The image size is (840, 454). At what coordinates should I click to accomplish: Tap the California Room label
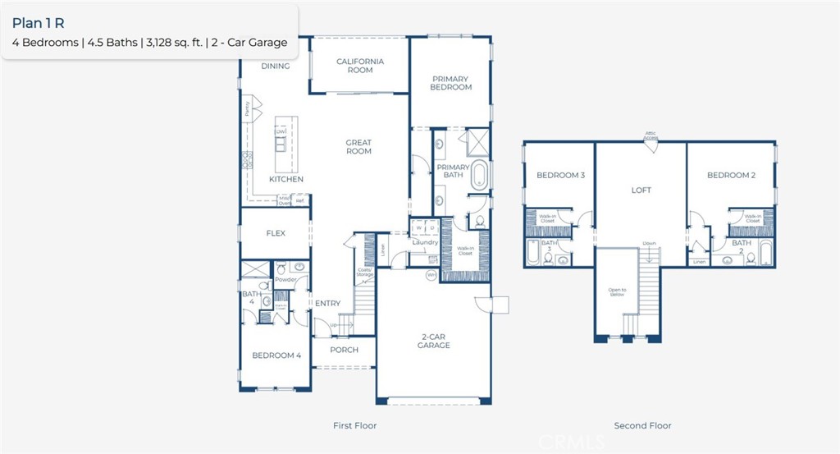[x=359, y=66]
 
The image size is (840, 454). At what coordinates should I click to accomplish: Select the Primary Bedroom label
[x=451, y=83]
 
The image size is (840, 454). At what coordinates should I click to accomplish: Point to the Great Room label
[x=358, y=147]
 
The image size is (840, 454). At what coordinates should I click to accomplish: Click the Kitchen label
[x=286, y=179]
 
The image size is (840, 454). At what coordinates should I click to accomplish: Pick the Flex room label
[x=276, y=233]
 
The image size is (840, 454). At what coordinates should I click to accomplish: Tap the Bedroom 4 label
[x=276, y=355]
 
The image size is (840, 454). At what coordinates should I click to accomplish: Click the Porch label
[x=344, y=350]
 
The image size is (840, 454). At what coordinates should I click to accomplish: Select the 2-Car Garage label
[x=433, y=341]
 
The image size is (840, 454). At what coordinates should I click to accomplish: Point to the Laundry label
[x=426, y=242]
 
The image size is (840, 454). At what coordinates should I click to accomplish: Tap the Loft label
[x=641, y=190]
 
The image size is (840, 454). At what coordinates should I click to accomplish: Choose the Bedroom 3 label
[x=560, y=175]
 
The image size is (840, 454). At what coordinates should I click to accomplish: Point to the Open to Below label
[x=617, y=292]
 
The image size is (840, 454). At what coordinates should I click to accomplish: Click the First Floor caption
[x=354, y=426]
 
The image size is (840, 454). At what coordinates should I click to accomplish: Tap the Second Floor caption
[x=642, y=426]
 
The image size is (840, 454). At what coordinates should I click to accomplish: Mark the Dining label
[x=276, y=66]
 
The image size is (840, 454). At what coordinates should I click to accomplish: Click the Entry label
[x=327, y=304]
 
